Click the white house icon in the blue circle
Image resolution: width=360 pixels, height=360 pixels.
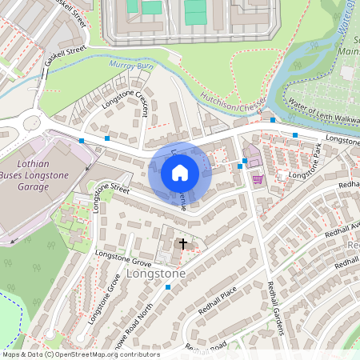point(180,173)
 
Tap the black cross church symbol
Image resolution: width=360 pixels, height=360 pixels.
point(183,243)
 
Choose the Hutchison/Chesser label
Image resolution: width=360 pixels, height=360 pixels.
point(231,102)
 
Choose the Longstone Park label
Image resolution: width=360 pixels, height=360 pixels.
point(306,162)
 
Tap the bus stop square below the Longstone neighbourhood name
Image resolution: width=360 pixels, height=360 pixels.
point(168,286)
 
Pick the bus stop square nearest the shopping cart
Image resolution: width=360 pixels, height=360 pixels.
point(245,161)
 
